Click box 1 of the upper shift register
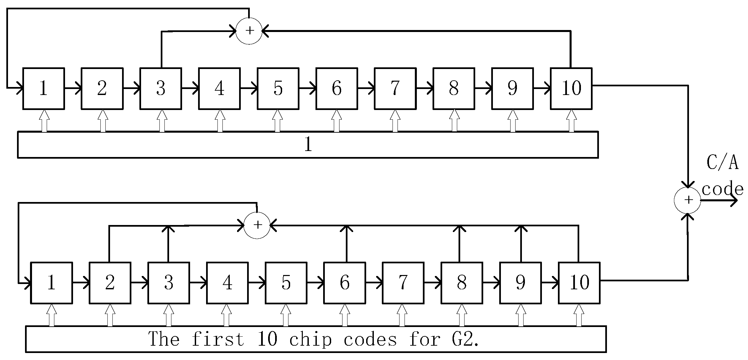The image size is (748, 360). [43, 89]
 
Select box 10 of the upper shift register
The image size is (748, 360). [571, 89]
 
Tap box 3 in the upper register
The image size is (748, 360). [161, 89]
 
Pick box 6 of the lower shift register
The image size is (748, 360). [344, 283]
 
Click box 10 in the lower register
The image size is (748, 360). [579, 283]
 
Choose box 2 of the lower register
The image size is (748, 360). [110, 283]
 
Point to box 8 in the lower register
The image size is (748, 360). [462, 283]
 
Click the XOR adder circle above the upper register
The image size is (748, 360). [249, 31]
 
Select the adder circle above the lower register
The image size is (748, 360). [257, 225]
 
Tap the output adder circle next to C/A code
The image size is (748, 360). [688, 200]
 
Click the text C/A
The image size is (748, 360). [722, 163]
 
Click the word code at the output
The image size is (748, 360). [722, 189]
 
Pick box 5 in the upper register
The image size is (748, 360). [278, 89]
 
